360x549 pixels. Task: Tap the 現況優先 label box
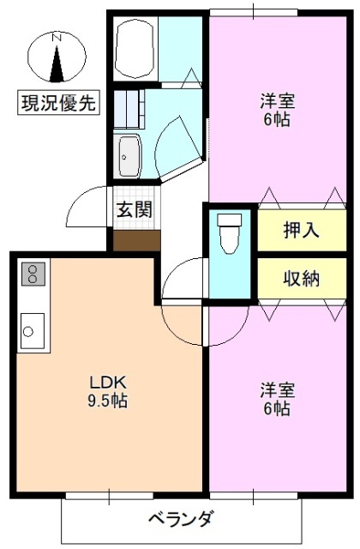point(58,104)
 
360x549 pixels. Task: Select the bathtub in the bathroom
point(135,50)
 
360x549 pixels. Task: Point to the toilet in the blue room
point(229,233)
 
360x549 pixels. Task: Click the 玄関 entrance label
point(135,209)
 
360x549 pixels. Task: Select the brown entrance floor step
point(136,239)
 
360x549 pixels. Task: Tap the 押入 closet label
point(301,230)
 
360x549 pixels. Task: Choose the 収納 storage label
point(301,278)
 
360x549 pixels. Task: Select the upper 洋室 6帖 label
point(276,109)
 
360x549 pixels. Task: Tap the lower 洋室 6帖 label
point(276,400)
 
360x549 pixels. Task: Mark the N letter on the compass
point(57,38)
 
